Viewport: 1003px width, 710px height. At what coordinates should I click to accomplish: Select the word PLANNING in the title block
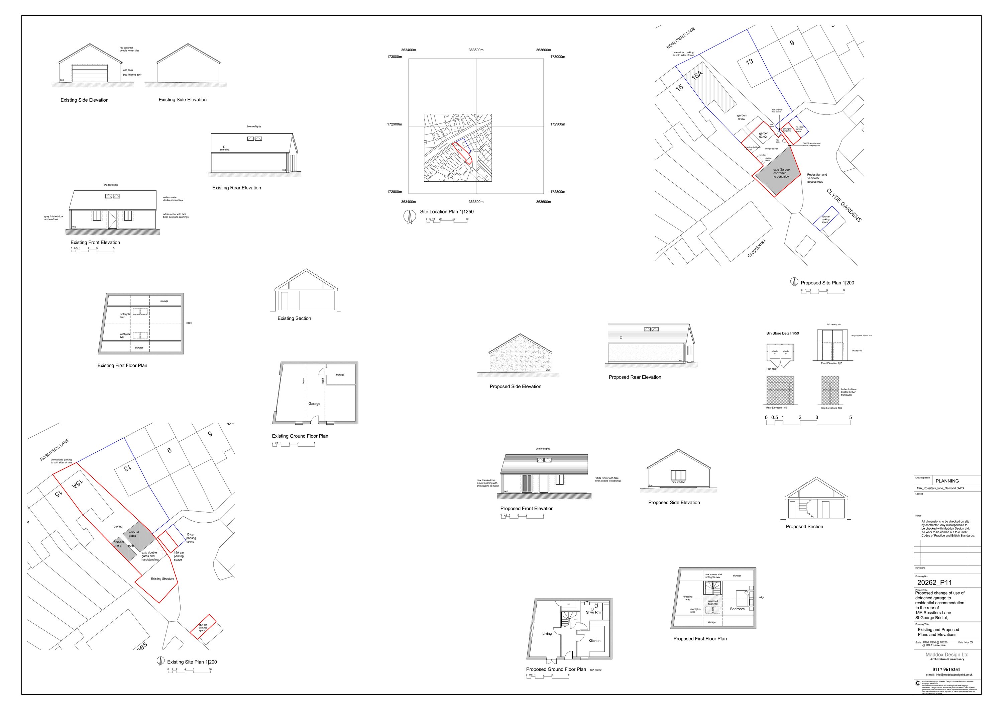pos(947,481)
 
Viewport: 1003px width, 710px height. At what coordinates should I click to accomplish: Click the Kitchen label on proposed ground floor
pos(594,641)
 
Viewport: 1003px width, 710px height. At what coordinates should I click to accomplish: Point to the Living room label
pos(547,633)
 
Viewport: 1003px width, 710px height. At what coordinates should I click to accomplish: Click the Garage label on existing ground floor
pos(314,404)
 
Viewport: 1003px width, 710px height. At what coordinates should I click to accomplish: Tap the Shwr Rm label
pos(593,613)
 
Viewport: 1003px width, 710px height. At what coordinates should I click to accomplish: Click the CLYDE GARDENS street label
pos(844,205)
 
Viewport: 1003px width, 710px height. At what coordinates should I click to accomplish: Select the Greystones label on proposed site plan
pos(756,248)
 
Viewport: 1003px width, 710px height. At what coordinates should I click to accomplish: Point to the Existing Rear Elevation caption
pos(236,188)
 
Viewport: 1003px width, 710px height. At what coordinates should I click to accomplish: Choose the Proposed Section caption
pos(804,527)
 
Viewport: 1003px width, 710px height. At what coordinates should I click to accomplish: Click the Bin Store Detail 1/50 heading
pos(782,334)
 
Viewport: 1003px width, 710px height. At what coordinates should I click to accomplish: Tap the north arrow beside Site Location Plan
pos(409,216)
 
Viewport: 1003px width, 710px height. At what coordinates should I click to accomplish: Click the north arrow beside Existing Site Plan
pos(160,661)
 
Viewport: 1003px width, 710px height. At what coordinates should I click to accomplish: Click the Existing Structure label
pos(162,579)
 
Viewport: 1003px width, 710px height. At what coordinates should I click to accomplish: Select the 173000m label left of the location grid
pos(395,57)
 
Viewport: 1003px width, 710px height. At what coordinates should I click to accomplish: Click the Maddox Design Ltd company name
pos(946,654)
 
